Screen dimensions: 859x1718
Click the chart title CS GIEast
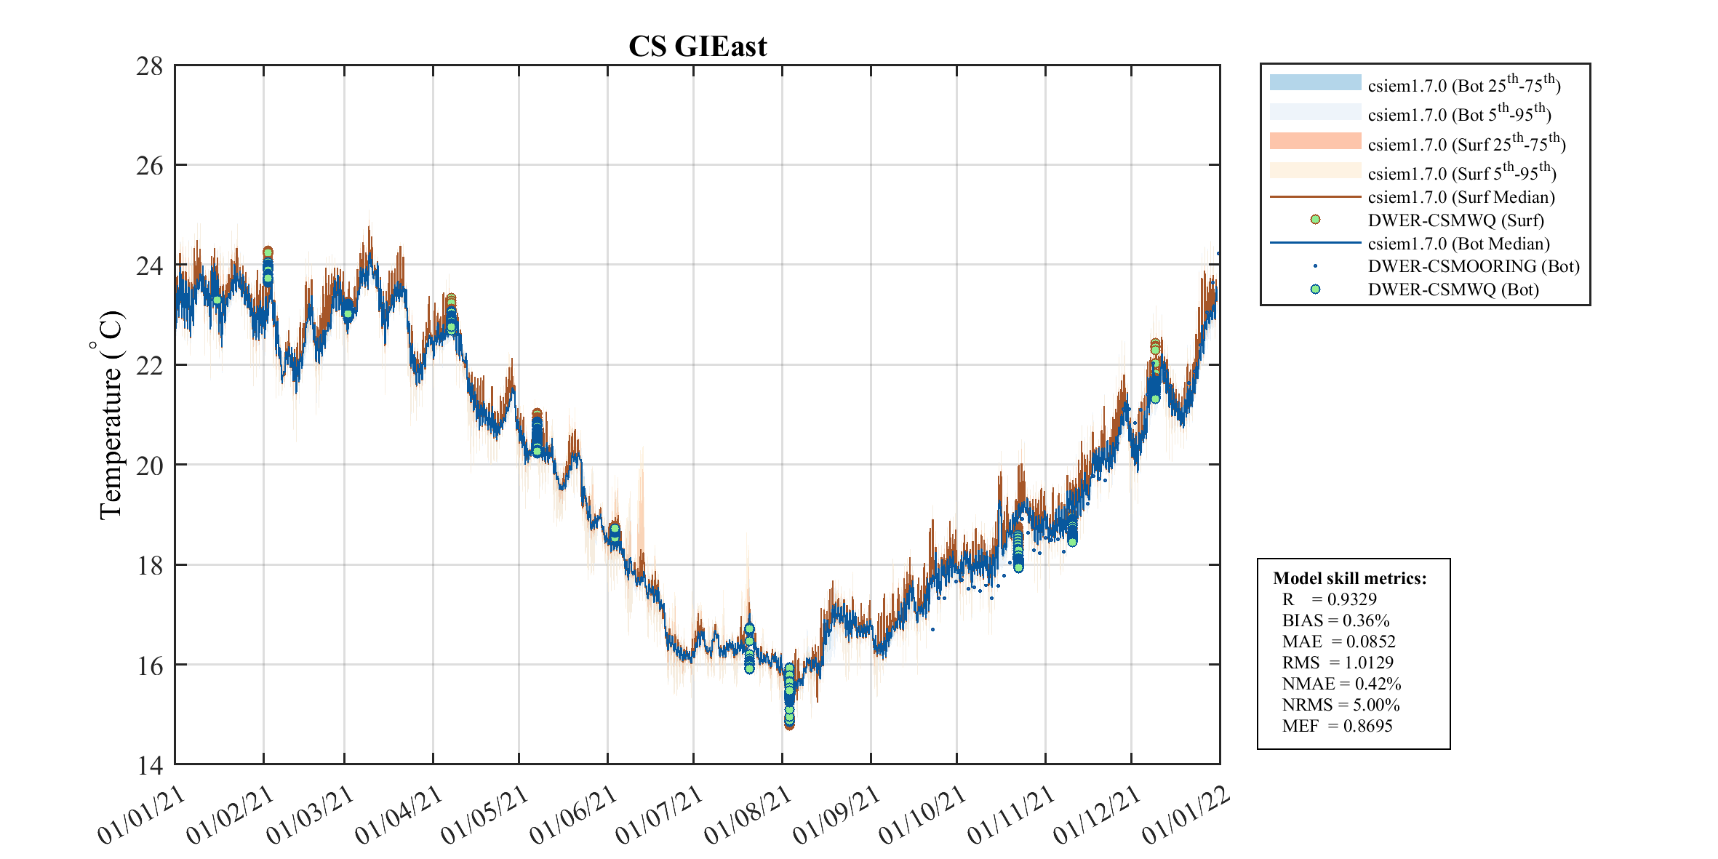pyautogui.click(x=697, y=47)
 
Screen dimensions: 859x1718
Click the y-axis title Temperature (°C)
pyautogui.click(x=111, y=415)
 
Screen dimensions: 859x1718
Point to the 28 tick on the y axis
pyautogui.click(x=150, y=66)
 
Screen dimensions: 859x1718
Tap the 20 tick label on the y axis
pyautogui.click(x=150, y=465)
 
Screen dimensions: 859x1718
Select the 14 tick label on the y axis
pyautogui.click(x=150, y=764)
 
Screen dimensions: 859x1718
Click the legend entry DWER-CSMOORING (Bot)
pyautogui.click(x=1474, y=266)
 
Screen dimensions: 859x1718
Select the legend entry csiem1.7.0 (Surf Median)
pyautogui.click(x=1461, y=197)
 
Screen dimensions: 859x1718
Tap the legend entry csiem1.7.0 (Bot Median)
pyautogui.click(x=1458, y=244)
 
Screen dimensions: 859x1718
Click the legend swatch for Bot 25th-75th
pyautogui.click(x=1315, y=82)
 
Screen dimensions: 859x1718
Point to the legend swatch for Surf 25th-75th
pyautogui.click(x=1315, y=141)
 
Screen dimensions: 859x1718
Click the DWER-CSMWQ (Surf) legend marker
pyautogui.click(x=1315, y=220)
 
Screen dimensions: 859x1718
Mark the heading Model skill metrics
pyautogui.click(x=1349, y=578)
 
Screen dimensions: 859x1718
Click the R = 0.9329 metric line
pyautogui.click(x=1329, y=599)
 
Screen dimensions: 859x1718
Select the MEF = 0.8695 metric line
pyautogui.click(x=1337, y=726)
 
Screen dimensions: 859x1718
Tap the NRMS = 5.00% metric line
pyautogui.click(x=1341, y=705)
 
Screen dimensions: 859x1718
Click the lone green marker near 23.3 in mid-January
pyautogui.click(x=217, y=300)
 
